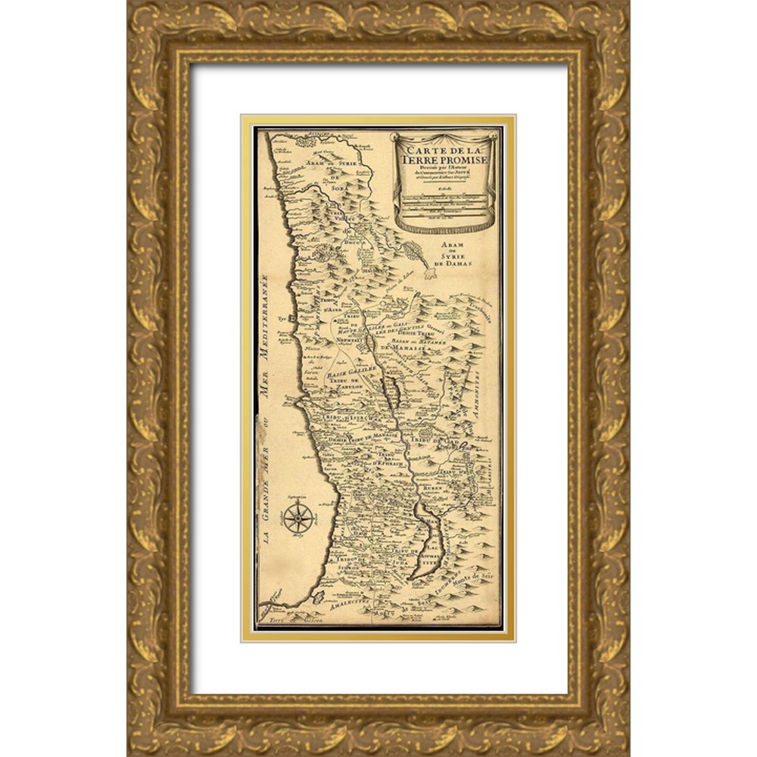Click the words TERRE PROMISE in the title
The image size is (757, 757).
(444, 160)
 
